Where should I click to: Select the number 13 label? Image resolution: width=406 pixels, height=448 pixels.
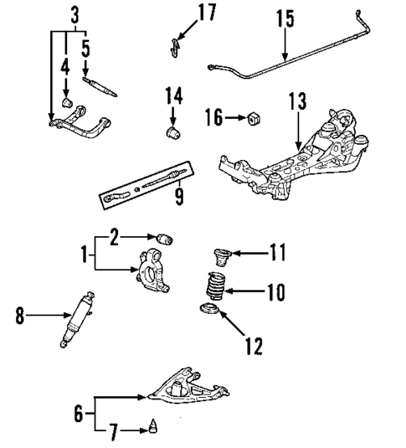(297, 102)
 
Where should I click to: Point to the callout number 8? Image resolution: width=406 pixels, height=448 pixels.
(20, 317)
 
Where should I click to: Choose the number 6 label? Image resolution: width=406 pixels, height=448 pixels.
(79, 413)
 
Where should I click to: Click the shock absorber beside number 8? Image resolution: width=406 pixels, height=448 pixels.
(76, 318)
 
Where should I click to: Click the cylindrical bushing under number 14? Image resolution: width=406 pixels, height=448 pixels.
(172, 131)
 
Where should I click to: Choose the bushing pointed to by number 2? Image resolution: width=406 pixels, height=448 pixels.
(164, 238)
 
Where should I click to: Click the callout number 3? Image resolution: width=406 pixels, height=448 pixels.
(75, 14)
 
